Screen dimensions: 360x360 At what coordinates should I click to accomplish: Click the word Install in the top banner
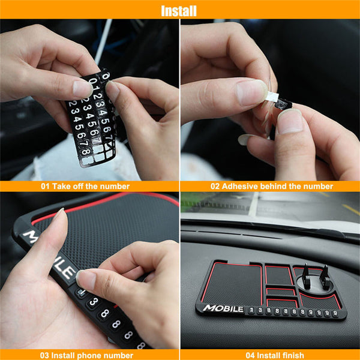[x=178, y=10]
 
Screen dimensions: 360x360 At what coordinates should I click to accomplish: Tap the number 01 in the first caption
[x=45, y=187]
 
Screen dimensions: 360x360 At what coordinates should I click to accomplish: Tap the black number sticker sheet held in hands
[x=90, y=120]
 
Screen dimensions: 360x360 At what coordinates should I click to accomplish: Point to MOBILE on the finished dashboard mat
[x=223, y=309]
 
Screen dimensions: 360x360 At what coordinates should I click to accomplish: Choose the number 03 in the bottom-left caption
[x=46, y=355]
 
